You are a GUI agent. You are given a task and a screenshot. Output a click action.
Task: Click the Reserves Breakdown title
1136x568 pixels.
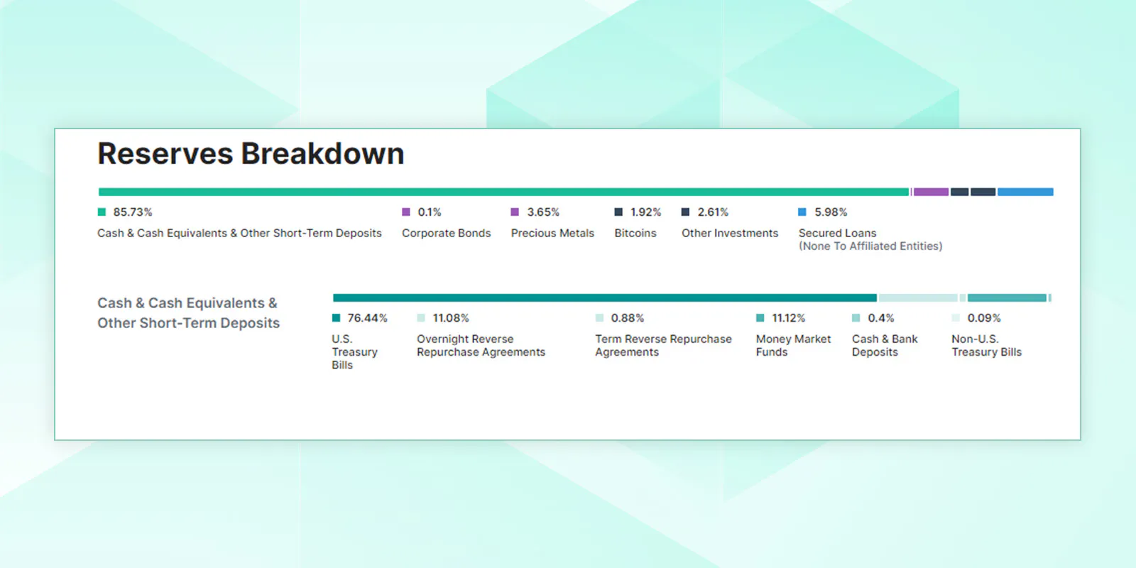251,153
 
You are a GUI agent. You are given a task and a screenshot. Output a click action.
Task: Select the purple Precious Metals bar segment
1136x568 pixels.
931,192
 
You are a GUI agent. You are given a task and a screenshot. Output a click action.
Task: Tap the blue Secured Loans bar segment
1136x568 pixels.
1025,192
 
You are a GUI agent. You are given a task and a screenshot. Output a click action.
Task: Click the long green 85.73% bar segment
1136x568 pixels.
503,192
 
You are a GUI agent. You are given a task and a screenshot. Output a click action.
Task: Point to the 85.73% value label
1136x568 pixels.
132,212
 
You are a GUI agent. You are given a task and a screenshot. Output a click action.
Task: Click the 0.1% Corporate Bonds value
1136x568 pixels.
430,212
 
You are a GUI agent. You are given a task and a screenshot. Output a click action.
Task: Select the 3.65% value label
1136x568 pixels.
543,212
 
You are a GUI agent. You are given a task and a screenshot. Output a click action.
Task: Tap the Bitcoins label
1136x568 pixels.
635,233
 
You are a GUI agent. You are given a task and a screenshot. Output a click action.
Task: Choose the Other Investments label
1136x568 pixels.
730,233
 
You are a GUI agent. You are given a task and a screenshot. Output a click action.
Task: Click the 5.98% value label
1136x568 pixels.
831,212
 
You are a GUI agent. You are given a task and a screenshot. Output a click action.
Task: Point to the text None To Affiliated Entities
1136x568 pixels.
870,246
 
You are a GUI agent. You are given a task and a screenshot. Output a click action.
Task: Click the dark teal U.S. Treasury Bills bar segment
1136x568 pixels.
604,297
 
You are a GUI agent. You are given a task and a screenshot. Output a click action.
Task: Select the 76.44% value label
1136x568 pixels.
367,318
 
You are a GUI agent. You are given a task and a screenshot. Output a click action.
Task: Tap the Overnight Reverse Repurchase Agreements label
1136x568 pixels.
481,345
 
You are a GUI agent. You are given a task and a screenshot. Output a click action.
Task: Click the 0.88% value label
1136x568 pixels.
628,318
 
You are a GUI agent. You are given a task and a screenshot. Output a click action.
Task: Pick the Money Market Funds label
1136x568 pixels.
793,345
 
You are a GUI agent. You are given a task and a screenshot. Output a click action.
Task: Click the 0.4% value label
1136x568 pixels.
881,318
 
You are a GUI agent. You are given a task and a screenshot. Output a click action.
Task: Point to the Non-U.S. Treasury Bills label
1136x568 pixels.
986,345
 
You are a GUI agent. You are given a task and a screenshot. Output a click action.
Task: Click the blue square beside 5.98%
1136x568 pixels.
802,212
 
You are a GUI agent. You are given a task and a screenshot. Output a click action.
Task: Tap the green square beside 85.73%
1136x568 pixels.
102,212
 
